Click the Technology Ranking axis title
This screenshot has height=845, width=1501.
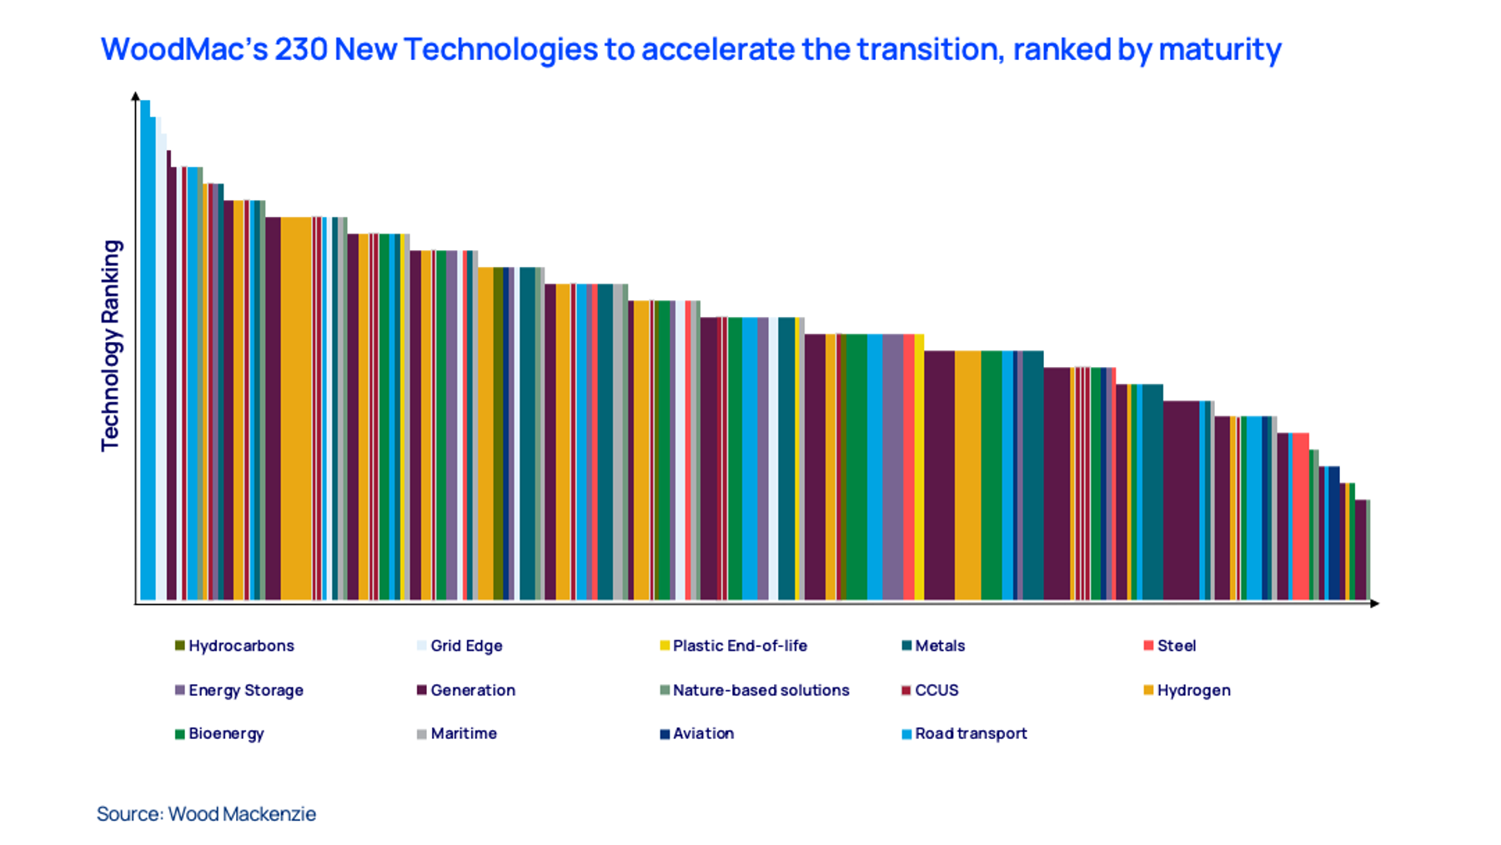pos(111,345)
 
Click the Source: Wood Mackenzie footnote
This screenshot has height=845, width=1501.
pos(206,813)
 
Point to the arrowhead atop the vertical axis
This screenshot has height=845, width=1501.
pos(136,96)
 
